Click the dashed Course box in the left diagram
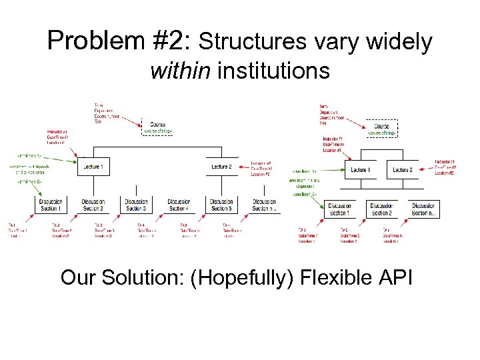[x=158, y=127]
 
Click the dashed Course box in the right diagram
[x=382, y=129]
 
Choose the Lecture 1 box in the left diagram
[x=93, y=166]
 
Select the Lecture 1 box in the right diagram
[x=360, y=170]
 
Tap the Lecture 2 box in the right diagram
[x=403, y=170]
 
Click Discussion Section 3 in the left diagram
[x=136, y=205]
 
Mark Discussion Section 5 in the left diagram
[x=221, y=205]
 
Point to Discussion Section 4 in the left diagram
[x=179, y=205]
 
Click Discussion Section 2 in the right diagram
[x=381, y=209]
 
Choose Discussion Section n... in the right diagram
[x=424, y=209]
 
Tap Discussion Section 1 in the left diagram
[x=51, y=205]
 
